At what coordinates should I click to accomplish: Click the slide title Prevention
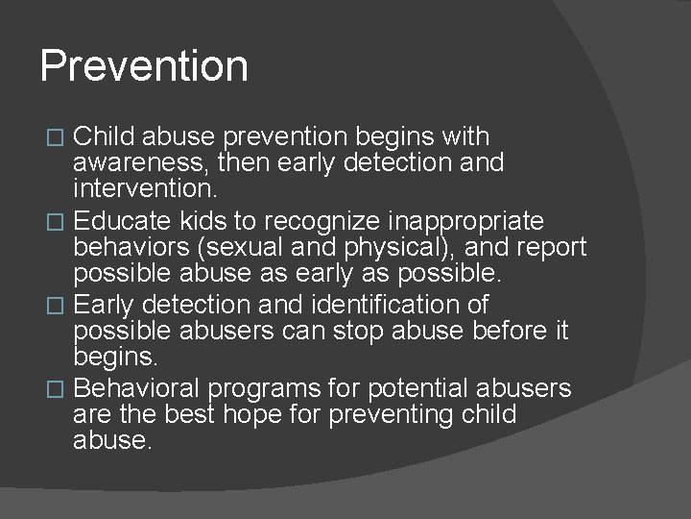(144, 66)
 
